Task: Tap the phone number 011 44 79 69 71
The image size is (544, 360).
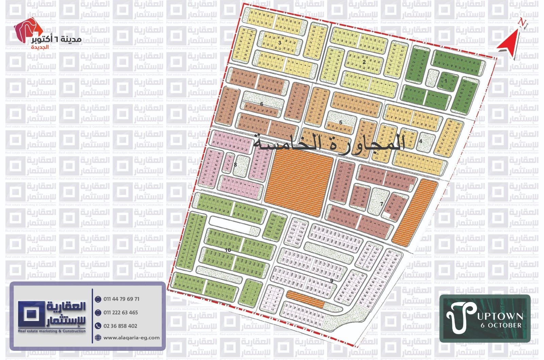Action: [x=121, y=299]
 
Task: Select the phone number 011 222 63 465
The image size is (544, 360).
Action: [x=121, y=312]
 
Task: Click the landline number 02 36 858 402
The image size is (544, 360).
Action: [x=120, y=326]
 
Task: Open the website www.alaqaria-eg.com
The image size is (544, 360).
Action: [x=131, y=338]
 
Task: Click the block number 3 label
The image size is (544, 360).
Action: [x=279, y=43]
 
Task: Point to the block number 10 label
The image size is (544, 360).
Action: [x=228, y=250]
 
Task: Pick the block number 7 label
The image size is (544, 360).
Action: [x=381, y=204]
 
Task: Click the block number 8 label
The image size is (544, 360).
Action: [x=235, y=165]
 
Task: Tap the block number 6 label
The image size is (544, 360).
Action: [x=261, y=104]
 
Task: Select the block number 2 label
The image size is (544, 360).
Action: [x=364, y=62]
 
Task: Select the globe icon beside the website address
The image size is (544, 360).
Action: [x=98, y=338]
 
